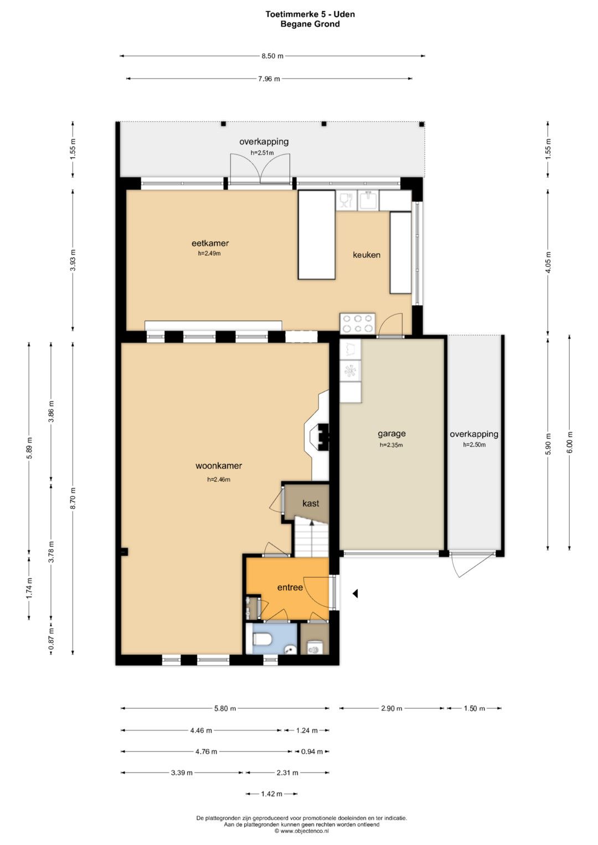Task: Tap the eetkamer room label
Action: (210, 243)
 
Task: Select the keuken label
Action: (366, 255)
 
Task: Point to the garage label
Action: (391, 434)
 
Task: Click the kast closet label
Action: (311, 503)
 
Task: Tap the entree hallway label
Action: (290, 587)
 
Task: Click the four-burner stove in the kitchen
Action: (357, 324)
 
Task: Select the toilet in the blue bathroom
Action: (262, 639)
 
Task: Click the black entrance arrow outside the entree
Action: (355, 594)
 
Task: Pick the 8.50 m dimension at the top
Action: (272, 56)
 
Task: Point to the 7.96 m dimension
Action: (269, 79)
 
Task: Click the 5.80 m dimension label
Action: (225, 708)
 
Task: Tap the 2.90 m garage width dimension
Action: (391, 708)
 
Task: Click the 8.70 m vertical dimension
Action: (73, 498)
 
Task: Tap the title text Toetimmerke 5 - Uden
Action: (310, 14)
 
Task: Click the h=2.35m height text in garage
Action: (391, 445)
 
